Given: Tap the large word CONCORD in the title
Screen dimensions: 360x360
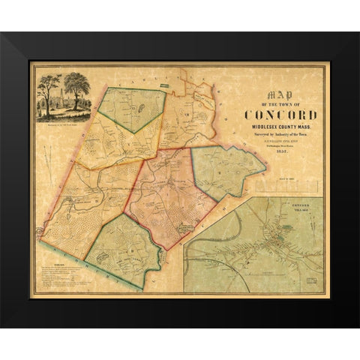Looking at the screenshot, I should point(280,115).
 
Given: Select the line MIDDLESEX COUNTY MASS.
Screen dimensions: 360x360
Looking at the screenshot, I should point(280,127).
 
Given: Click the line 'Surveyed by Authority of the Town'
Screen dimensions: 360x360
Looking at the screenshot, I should point(280,135).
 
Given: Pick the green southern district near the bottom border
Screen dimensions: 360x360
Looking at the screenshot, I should point(124,247).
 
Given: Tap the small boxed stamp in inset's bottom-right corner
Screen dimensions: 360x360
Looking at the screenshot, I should point(313,281).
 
